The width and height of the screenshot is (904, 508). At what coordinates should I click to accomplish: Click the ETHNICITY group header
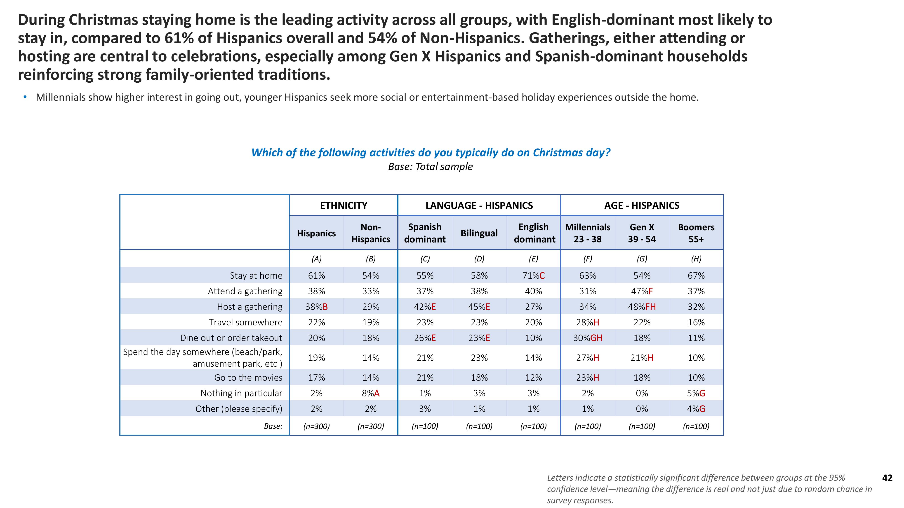click(343, 205)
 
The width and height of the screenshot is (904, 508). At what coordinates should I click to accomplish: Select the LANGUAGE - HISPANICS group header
click(479, 205)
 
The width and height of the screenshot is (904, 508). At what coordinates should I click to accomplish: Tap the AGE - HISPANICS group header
click(642, 205)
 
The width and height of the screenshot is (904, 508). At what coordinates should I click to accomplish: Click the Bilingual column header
click(479, 233)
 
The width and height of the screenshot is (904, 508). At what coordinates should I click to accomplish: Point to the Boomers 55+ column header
click(696, 233)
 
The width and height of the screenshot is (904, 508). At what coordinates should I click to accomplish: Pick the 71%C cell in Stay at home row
click(533, 275)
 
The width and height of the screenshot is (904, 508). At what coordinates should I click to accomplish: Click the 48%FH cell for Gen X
click(642, 307)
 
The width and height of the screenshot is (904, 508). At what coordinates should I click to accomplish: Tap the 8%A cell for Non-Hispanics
click(371, 393)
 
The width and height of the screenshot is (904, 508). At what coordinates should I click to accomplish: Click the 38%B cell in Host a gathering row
click(317, 307)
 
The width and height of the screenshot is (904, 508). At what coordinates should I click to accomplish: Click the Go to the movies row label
click(248, 378)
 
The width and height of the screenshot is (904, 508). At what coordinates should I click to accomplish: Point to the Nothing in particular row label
click(241, 393)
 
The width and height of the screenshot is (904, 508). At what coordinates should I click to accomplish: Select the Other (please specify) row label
click(239, 409)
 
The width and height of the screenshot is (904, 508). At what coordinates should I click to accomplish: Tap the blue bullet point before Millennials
click(25, 97)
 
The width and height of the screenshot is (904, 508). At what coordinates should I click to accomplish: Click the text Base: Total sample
click(430, 167)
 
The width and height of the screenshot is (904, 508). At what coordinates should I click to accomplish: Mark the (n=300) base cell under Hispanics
click(317, 426)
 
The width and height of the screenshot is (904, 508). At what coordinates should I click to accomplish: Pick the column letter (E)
click(533, 259)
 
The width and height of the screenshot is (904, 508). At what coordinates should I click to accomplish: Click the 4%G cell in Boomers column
click(696, 409)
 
